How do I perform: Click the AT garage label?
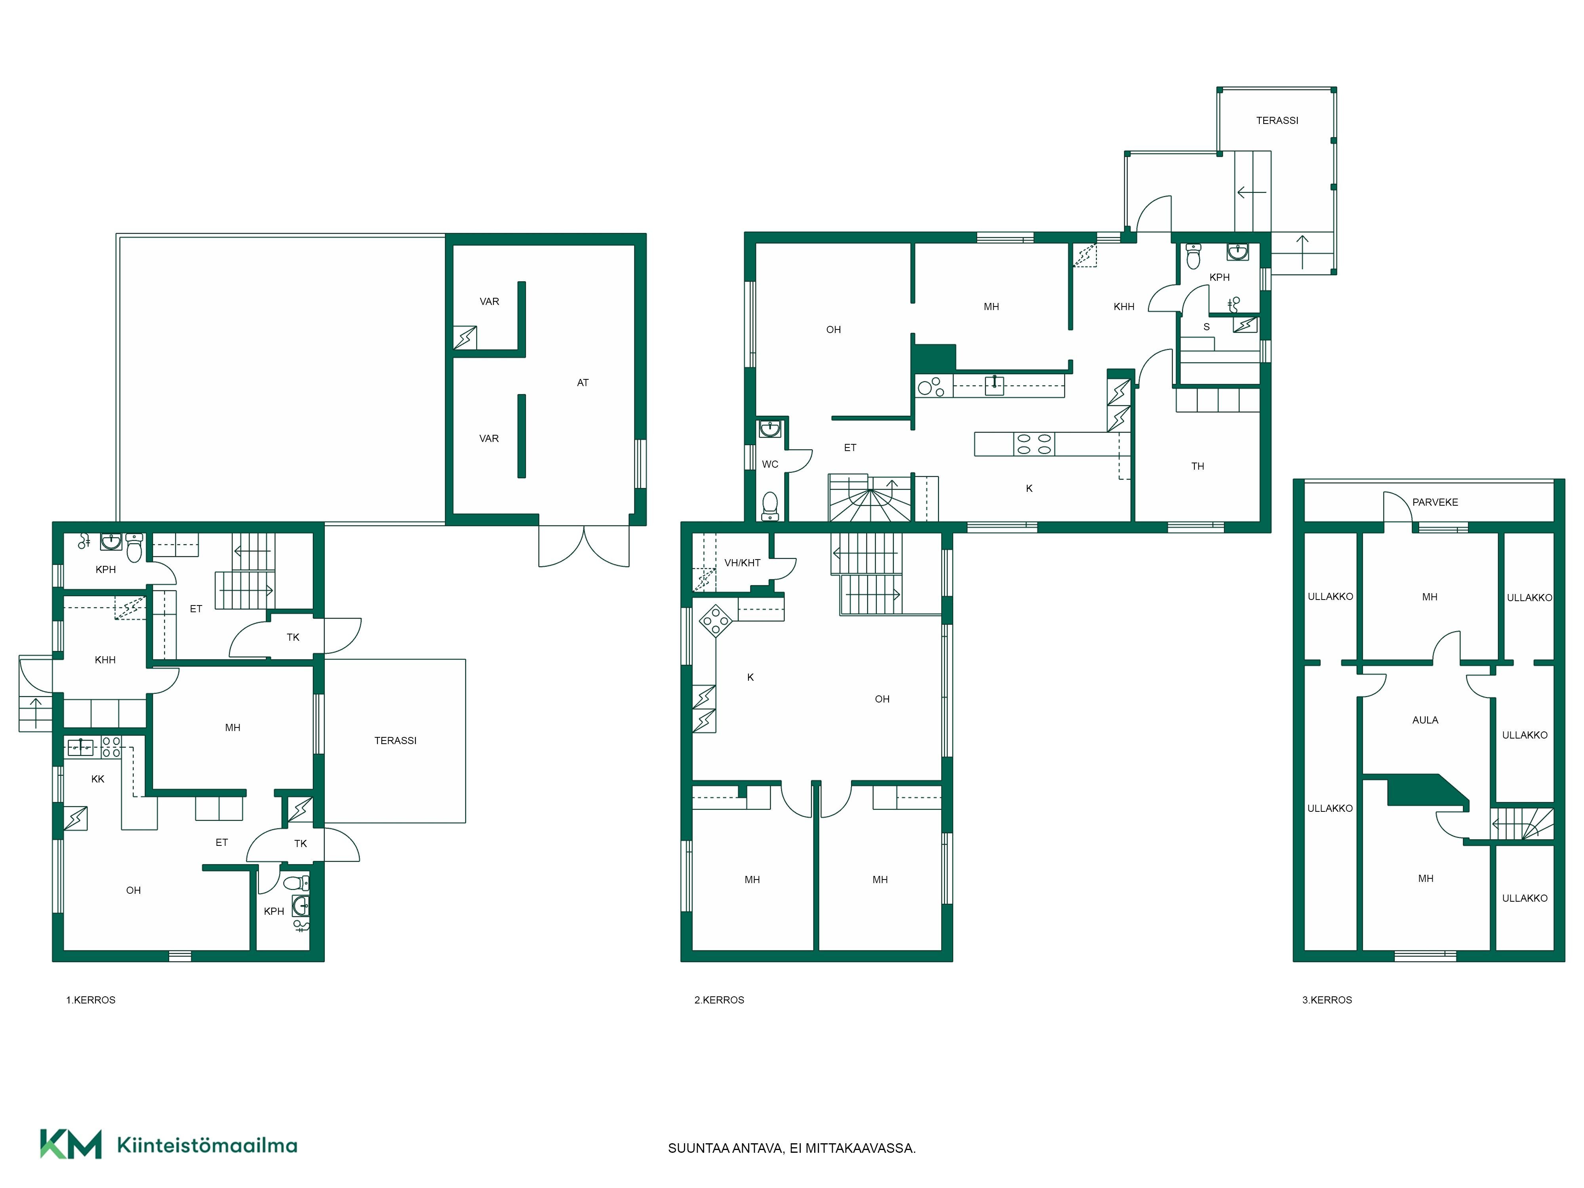tap(583, 383)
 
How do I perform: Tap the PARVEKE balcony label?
tap(1435, 503)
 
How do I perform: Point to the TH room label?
tap(1198, 466)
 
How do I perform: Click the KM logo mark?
tap(70, 1144)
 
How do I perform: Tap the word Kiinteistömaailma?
tap(207, 1146)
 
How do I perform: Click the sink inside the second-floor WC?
tap(770, 430)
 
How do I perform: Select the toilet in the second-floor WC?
tap(770, 505)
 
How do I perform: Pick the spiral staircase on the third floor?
tap(1522, 824)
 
